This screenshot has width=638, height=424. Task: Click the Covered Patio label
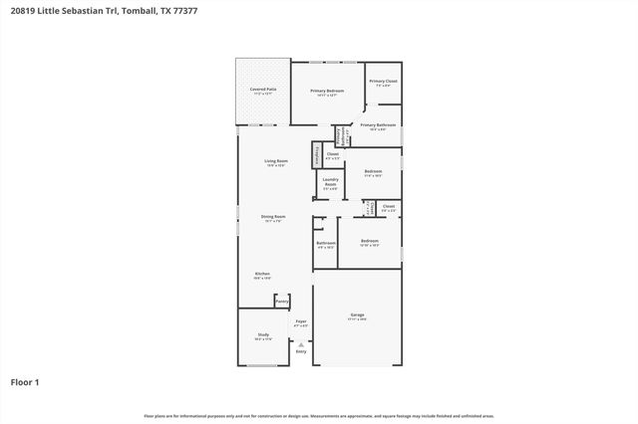(x=263, y=90)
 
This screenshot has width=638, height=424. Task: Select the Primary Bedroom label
(x=326, y=92)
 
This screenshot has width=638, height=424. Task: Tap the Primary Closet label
(x=383, y=82)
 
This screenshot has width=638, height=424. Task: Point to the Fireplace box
(x=317, y=155)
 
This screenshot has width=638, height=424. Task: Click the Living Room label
(x=275, y=161)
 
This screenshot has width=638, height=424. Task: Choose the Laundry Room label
(x=330, y=182)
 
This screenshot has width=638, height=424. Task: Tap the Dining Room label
(x=273, y=217)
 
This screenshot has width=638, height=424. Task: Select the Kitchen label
(x=262, y=274)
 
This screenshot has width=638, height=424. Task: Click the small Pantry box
(x=282, y=300)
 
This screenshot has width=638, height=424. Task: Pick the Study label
(x=263, y=335)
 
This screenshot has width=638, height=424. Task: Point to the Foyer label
(x=301, y=321)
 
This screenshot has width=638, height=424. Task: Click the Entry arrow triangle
(x=301, y=344)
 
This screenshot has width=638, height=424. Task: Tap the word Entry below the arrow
(x=301, y=352)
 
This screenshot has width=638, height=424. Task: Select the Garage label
(x=357, y=316)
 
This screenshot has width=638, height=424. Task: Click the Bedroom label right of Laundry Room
(x=373, y=172)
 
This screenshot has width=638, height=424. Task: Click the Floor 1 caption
(x=25, y=381)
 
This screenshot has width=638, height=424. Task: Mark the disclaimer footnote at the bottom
(x=319, y=415)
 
